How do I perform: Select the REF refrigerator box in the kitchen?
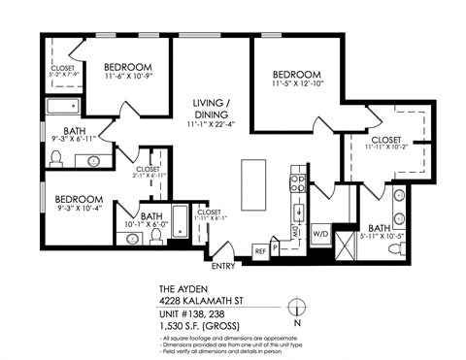tap(260, 250)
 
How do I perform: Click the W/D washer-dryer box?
tap(320, 235)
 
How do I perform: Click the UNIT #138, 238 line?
tap(195, 312)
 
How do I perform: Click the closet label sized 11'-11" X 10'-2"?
tap(387, 142)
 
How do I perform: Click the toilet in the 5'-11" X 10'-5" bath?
tap(396, 248)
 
